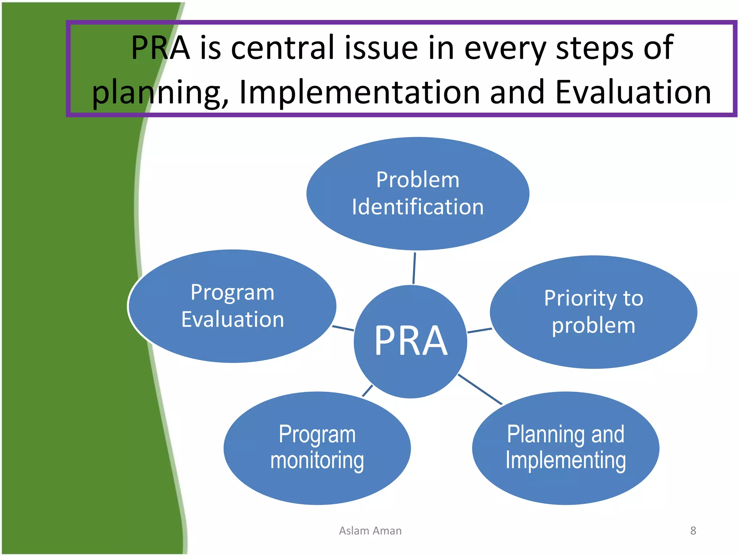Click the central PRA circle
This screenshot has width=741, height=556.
tap(410, 341)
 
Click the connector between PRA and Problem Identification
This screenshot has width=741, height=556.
tap(414, 268)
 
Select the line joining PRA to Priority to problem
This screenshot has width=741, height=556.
tap(479, 330)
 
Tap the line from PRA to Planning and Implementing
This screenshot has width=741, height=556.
tap(480, 389)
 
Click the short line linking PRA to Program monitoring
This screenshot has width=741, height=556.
tap(367, 391)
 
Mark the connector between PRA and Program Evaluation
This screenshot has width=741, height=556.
tap(343, 328)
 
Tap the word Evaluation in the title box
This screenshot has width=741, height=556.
tap(632, 93)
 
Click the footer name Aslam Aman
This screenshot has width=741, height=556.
tap(370, 531)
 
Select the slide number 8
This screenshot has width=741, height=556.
tap(693, 531)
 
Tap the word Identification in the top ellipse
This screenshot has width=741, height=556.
tap(418, 207)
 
